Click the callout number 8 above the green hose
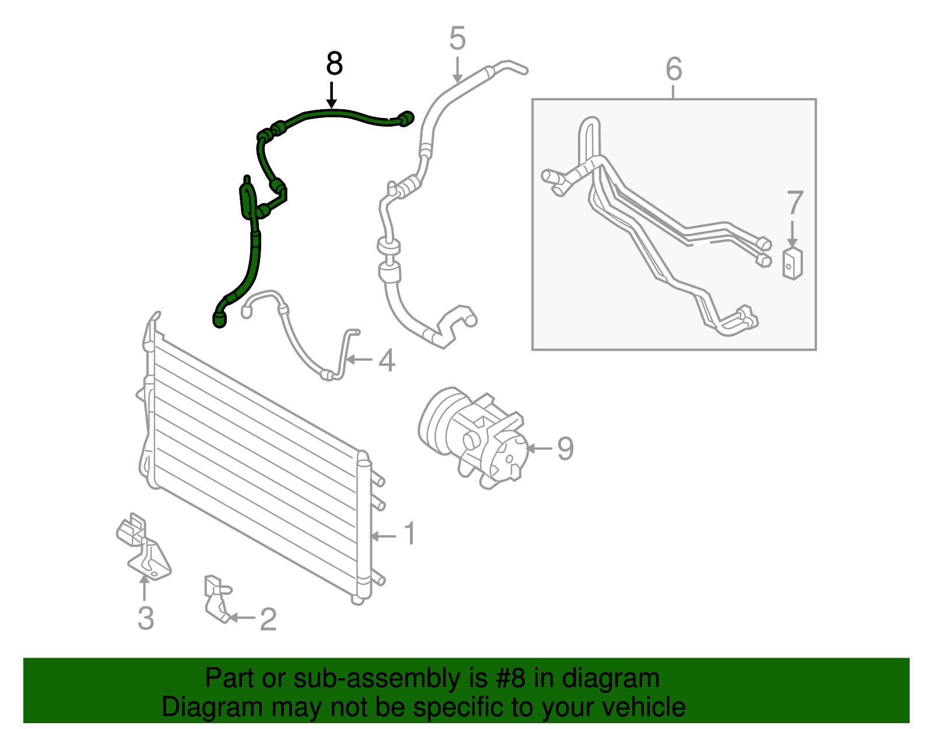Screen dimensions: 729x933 334,64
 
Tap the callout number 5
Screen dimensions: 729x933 458,39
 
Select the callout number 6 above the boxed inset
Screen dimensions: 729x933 674,69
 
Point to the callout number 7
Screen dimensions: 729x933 795,203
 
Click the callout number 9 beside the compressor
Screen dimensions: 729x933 565,449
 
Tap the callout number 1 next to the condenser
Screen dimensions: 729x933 410,534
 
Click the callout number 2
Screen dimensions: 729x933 268,619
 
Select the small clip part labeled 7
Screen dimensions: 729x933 791,264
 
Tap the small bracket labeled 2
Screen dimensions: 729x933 216,598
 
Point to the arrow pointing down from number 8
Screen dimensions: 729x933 332,96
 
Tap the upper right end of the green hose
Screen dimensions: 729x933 406,118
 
